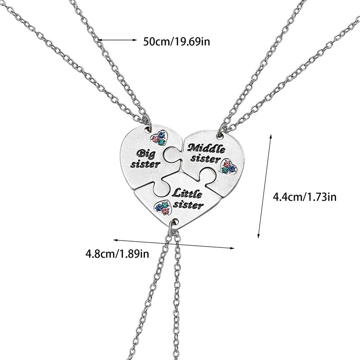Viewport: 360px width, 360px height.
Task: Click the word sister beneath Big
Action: click(145, 164)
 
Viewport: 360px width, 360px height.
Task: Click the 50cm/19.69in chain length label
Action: click(177, 41)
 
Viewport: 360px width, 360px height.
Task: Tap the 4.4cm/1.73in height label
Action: click(305, 197)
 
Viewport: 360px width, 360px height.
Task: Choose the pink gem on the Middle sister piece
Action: click(227, 163)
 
